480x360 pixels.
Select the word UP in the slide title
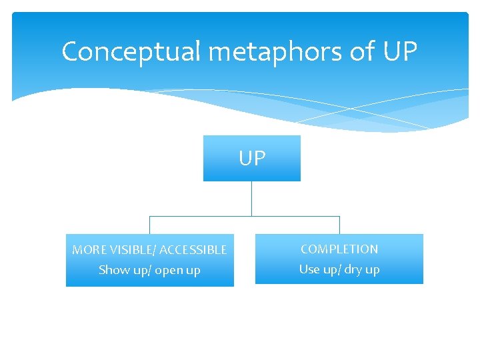pos(400,52)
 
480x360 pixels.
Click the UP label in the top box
pos(252,158)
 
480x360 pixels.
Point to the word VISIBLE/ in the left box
pos(131,250)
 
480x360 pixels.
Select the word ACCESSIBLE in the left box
pos(193,250)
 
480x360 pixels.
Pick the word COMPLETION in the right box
pos(339,249)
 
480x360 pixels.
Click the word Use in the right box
pos(309,269)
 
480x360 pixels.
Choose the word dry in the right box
pos(354,270)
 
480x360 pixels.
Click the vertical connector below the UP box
pos(251,198)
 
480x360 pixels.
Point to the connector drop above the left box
pos(149,225)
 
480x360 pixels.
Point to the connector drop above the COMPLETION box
pos(339,225)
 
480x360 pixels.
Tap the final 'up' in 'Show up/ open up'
pos(193,271)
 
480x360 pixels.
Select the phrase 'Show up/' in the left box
pos(123,270)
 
